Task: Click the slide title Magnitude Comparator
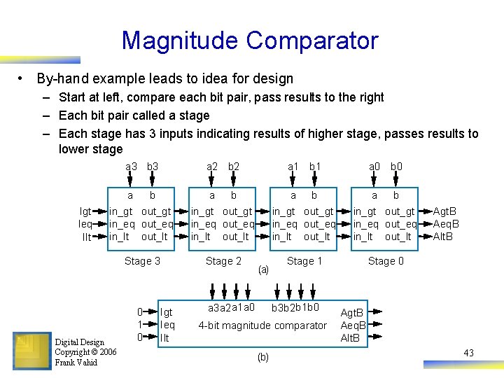[x=250, y=40]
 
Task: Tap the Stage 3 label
[x=142, y=261]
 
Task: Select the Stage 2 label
[x=223, y=261]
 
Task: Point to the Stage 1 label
[x=304, y=261]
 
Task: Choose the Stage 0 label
[x=386, y=261]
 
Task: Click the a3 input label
[x=131, y=167]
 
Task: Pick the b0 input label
[x=396, y=167]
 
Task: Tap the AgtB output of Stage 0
[x=445, y=211]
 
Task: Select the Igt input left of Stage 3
[x=85, y=211]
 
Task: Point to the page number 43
[x=468, y=353]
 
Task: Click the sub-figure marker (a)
[x=263, y=269]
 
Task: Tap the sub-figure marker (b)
[x=262, y=357]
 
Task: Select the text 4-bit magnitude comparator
[x=262, y=325]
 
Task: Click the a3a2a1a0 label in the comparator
[x=231, y=308]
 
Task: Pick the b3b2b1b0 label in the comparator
[x=295, y=308]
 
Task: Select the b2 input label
[x=234, y=167]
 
